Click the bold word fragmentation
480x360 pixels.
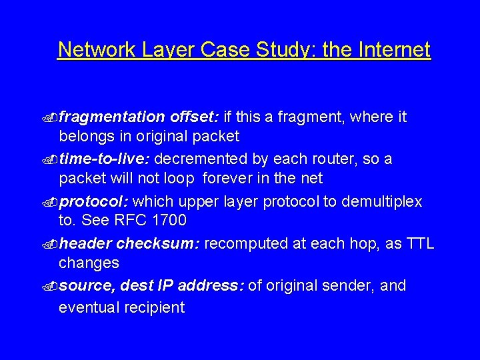coord(112,117)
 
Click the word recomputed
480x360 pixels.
coord(247,244)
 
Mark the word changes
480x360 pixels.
coord(89,263)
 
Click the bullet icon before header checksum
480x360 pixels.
coord(52,245)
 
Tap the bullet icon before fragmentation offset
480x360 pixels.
coord(52,118)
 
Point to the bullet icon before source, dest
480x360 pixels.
coord(52,287)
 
